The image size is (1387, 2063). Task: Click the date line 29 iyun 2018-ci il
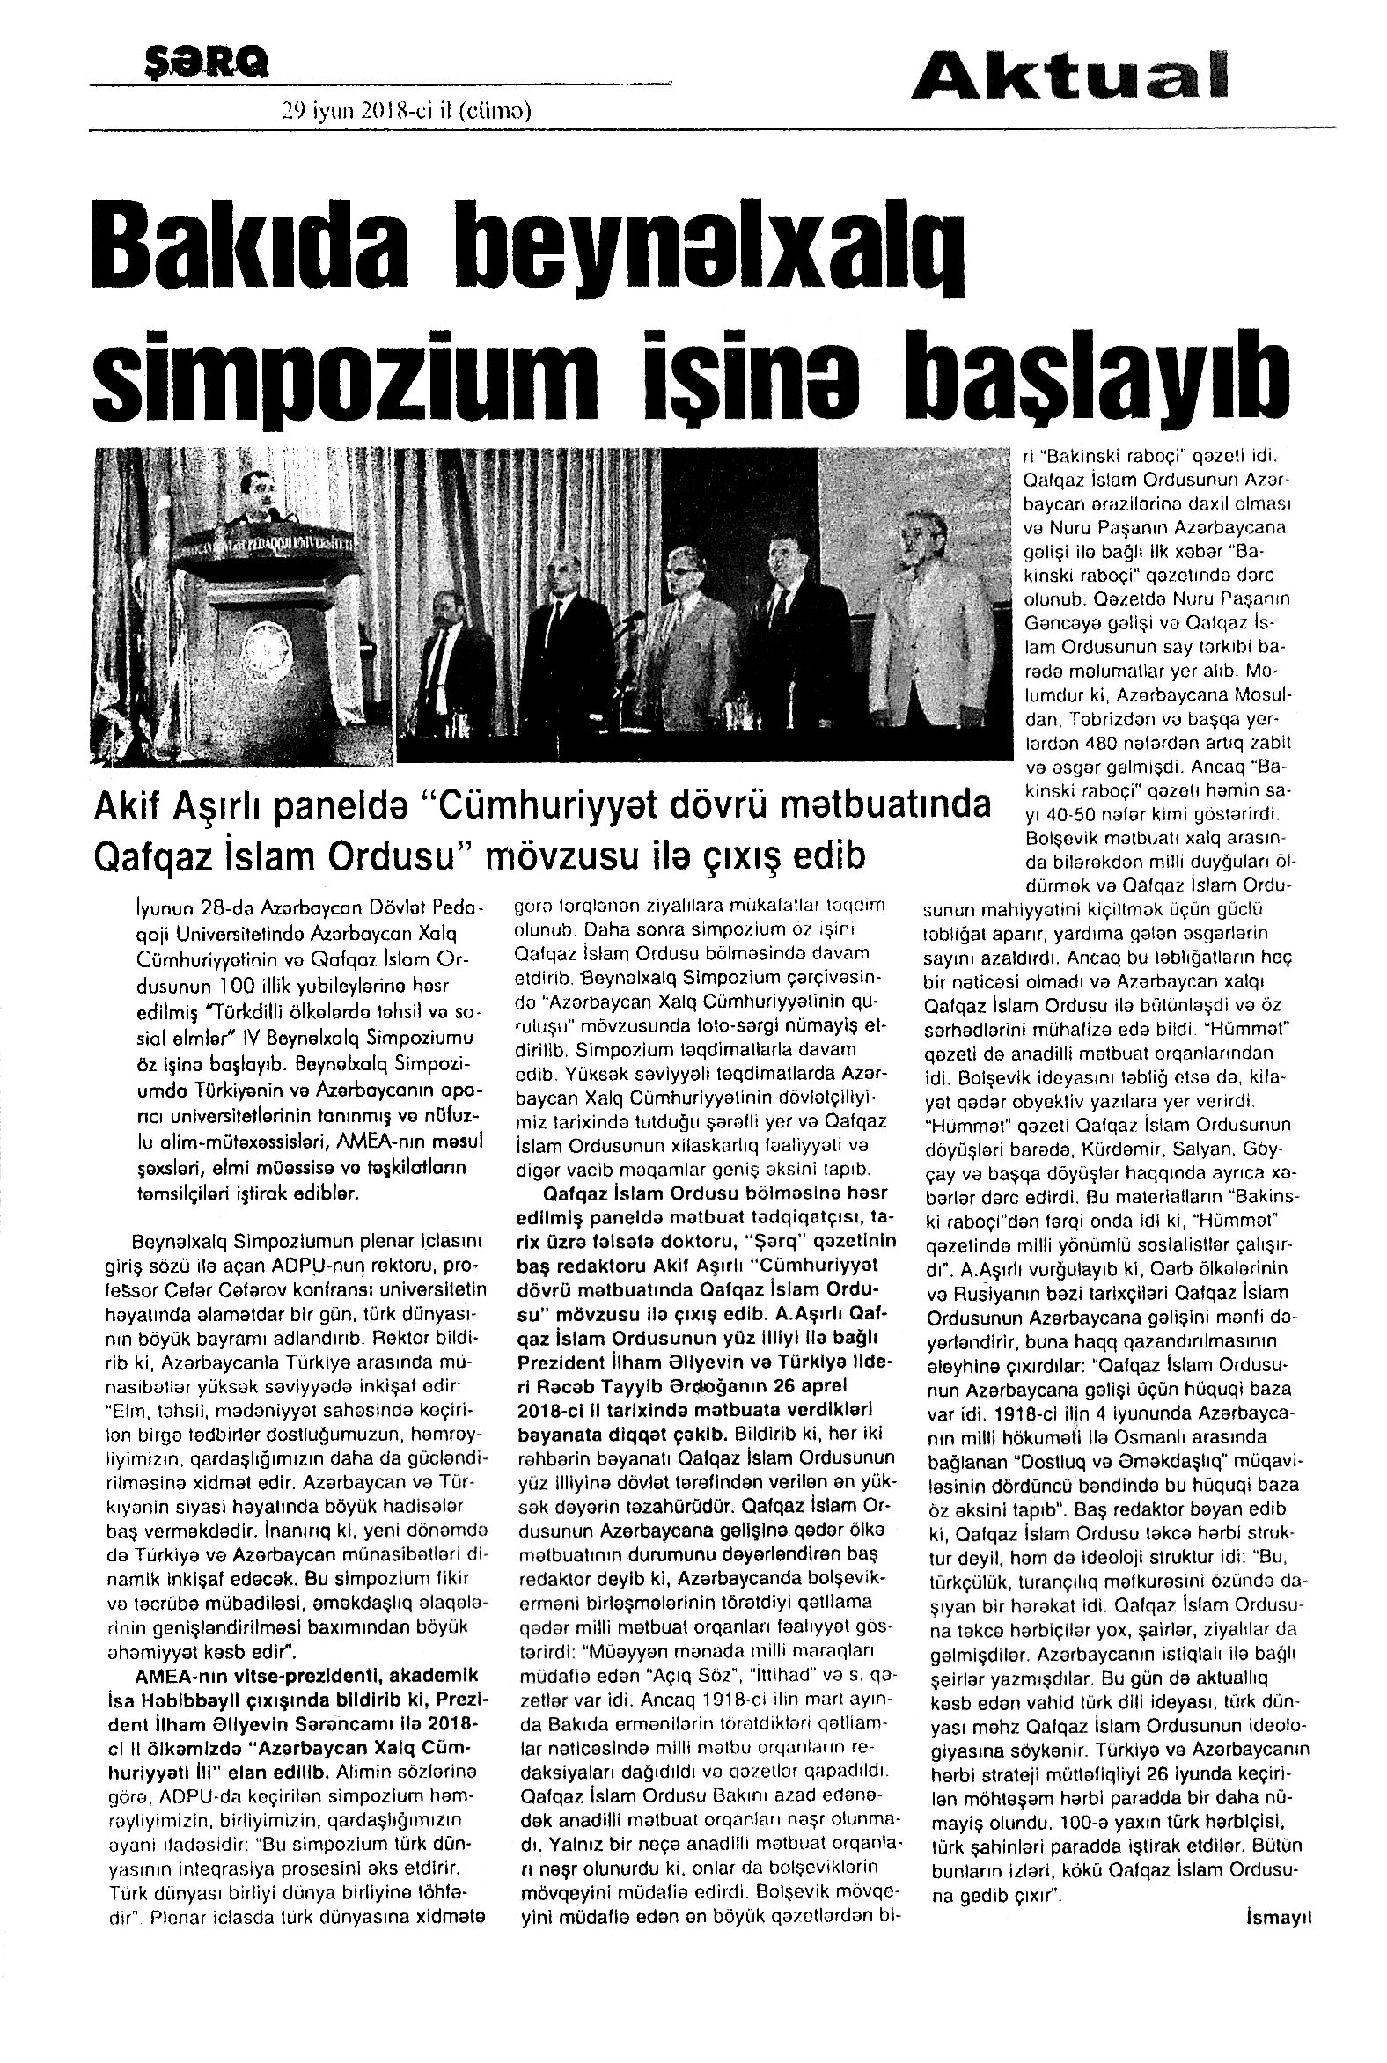[406, 112]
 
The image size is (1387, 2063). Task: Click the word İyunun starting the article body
[160, 907]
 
